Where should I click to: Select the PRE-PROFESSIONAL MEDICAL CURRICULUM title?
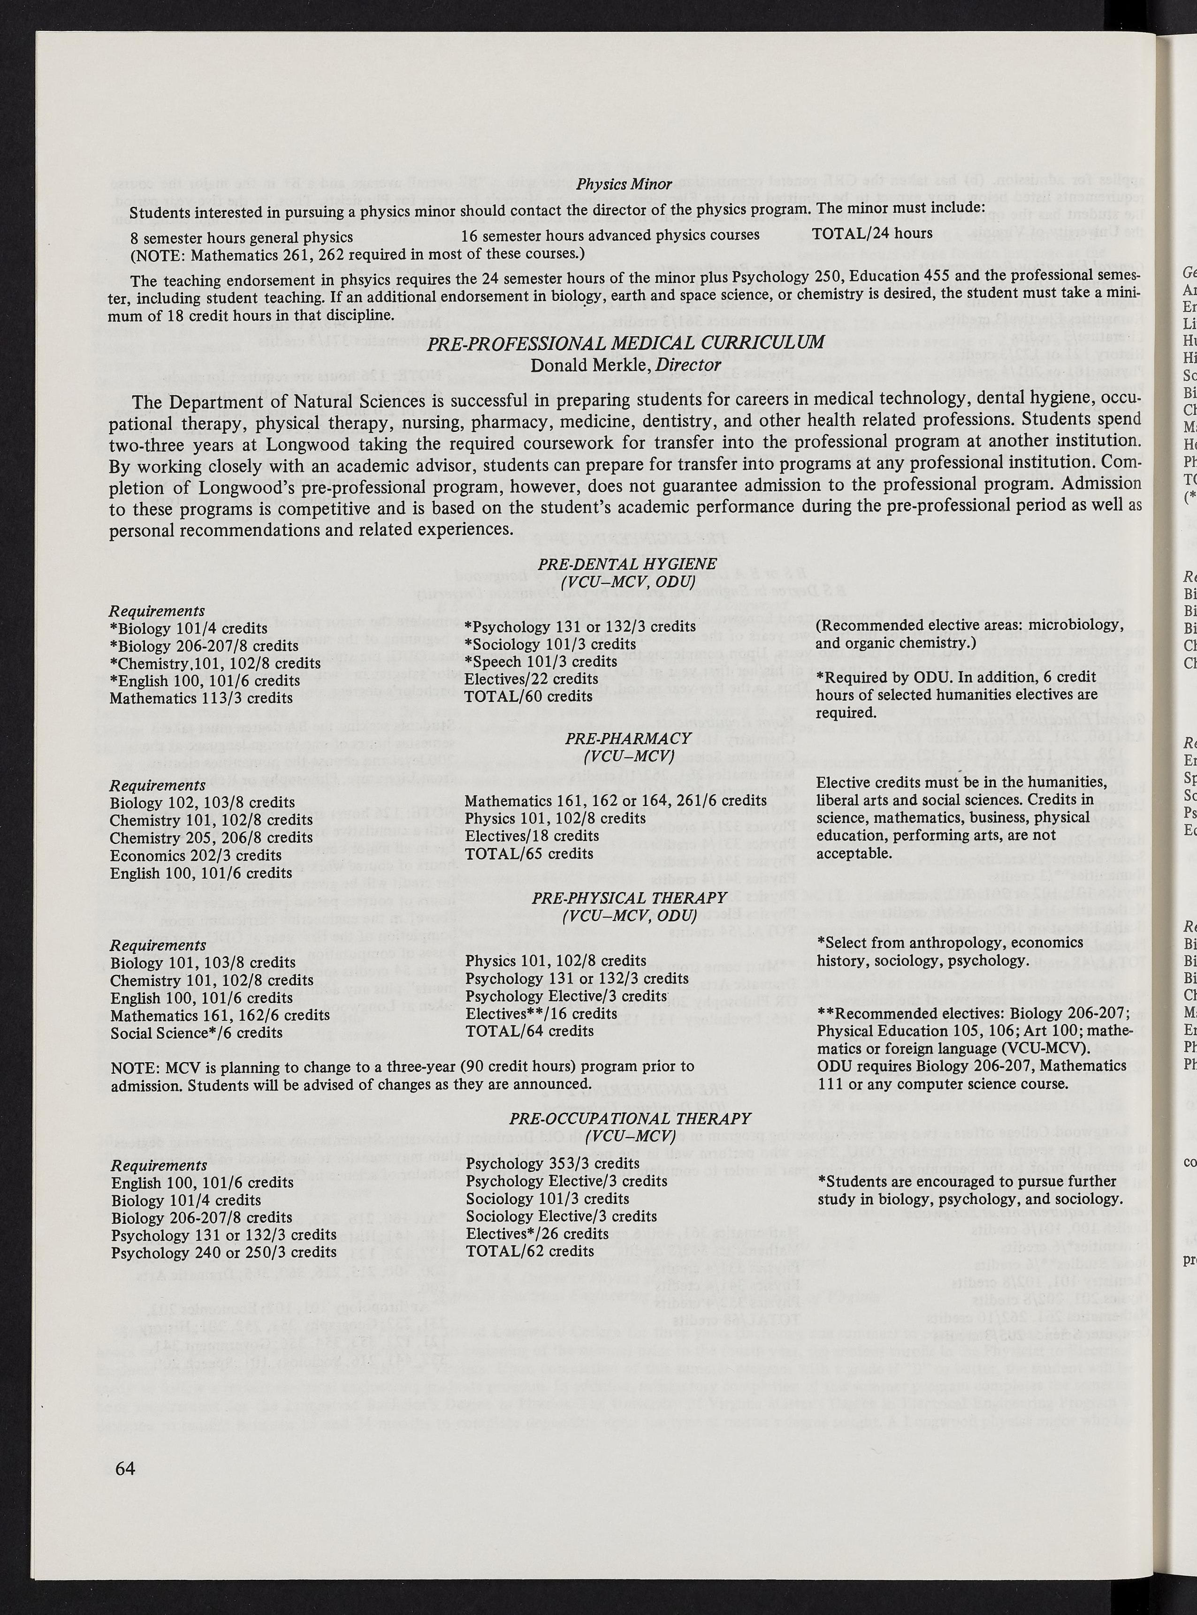tap(625, 342)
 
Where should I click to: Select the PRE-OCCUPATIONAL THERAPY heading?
tap(630, 1118)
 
